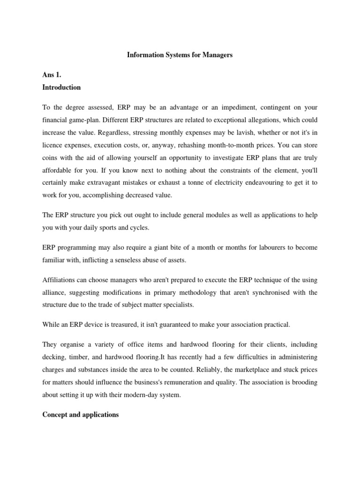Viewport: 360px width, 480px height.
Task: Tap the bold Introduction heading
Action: [61, 87]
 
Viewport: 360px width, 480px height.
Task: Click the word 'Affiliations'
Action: [60, 280]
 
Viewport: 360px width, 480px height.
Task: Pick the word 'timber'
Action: [76, 357]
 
